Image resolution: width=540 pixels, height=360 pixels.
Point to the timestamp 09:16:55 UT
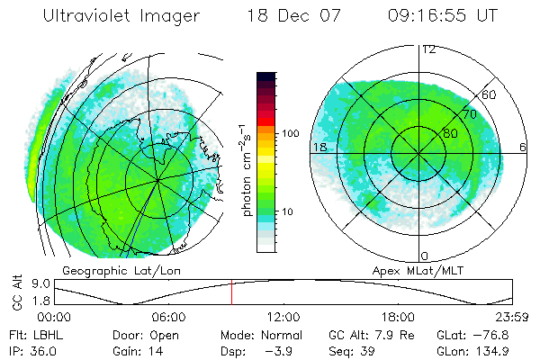coord(444,17)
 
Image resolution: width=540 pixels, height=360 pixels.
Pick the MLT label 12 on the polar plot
coord(428,49)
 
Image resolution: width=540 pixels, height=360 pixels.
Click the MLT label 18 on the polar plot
coord(319,146)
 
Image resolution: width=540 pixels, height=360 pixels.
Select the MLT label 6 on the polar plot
coord(522,146)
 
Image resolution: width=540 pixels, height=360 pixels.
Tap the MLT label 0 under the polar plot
coord(425,256)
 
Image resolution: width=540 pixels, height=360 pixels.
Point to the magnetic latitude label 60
coord(490,94)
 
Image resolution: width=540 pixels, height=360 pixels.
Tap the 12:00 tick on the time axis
coord(283,318)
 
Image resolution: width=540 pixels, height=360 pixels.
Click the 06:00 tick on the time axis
coord(168,318)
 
